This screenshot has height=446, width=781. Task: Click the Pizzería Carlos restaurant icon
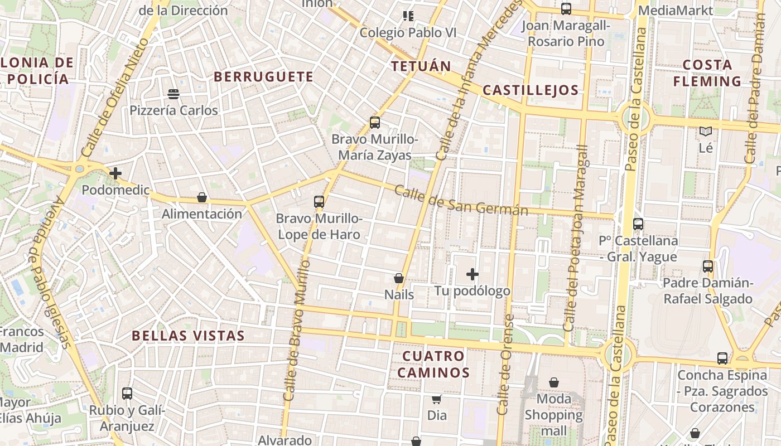click(x=173, y=94)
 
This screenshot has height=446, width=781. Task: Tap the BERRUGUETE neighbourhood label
click(x=264, y=77)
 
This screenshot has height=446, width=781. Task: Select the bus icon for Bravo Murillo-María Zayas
click(x=375, y=123)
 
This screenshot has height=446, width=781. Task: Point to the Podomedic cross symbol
click(x=115, y=173)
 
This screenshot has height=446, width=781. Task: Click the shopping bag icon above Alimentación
click(x=202, y=197)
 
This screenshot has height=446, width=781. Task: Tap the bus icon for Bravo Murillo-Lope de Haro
click(x=319, y=202)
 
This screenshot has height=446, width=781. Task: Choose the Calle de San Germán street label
click(x=461, y=201)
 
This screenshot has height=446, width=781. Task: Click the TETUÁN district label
click(x=421, y=66)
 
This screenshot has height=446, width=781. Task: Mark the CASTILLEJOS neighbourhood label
click(x=531, y=90)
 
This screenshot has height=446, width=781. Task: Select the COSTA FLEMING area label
click(x=707, y=73)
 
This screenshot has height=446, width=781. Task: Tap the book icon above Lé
click(x=706, y=132)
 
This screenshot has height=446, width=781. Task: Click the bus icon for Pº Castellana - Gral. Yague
click(x=638, y=224)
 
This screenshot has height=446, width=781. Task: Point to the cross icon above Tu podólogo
click(x=473, y=274)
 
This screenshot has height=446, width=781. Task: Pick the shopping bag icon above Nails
click(x=399, y=278)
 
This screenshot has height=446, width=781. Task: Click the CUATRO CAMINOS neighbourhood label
click(x=433, y=364)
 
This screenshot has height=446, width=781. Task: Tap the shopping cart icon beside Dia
click(x=437, y=399)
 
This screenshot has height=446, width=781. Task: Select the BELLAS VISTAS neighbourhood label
click(x=188, y=336)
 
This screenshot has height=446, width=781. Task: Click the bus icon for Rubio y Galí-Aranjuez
click(x=127, y=394)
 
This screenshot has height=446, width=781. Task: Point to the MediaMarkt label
click(x=676, y=11)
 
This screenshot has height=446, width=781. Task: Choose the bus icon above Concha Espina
click(x=722, y=358)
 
